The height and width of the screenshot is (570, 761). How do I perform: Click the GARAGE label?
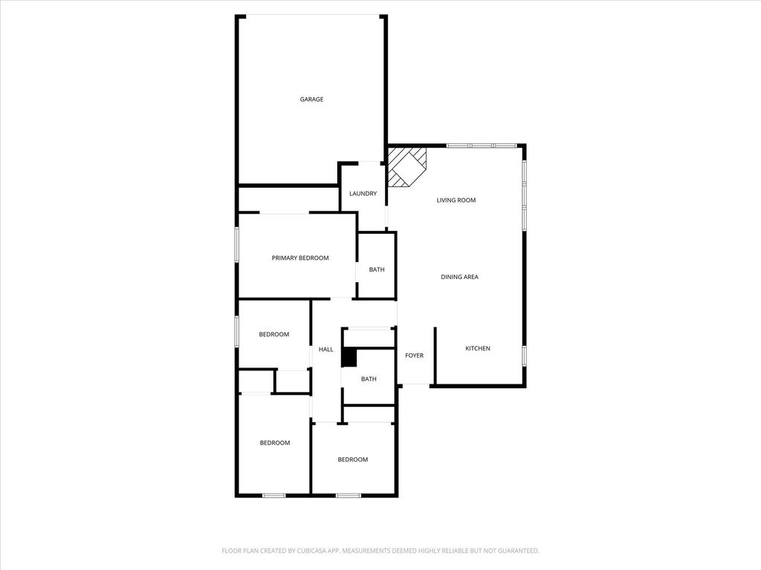(311, 99)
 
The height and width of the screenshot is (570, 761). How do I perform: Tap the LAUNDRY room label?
(363, 194)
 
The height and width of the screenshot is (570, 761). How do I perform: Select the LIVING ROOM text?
(456, 200)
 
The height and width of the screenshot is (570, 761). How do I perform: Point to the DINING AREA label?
(459, 278)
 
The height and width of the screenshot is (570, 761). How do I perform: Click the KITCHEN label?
(478, 349)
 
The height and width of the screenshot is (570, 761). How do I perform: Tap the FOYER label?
(415, 356)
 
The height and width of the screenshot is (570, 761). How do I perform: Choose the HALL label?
(326, 350)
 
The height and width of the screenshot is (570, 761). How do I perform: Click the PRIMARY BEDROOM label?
(300, 258)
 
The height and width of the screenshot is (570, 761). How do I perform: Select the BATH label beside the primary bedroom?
(377, 269)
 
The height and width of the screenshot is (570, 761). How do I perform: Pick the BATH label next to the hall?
(369, 379)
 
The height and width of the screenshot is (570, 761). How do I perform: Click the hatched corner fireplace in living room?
(407, 167)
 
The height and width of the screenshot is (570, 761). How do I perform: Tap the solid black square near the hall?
(349, 358)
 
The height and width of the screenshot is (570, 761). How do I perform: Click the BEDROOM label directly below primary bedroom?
(274, 335)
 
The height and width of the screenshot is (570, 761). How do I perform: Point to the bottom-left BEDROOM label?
(275, 443)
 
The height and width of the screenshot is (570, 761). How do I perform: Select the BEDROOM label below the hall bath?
(353, 459)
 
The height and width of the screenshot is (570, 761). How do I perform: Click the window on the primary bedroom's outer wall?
(237, 245)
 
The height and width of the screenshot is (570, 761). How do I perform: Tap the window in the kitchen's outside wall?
(524, 356)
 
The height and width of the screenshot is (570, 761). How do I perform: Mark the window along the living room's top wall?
(482, 145)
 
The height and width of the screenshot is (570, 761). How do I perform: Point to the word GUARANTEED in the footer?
(519, 551)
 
